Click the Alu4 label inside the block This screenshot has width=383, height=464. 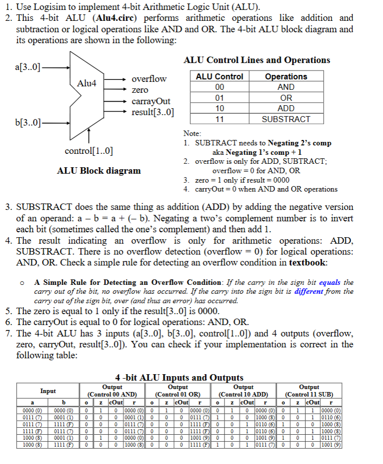[x=87, y=83]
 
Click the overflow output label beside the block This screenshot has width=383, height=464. [x=149, y=79]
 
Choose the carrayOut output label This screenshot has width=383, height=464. [x=151, y=101]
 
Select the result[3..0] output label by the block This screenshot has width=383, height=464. [x=153, y=112]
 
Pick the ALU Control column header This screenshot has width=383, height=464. [x=219, y=76]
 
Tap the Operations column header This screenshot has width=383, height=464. [x=286, y=76]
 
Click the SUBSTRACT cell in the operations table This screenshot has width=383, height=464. [x=286, y=119]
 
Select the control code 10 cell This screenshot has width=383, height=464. [x=219, y=108]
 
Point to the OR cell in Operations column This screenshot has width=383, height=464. [x=286, y=98]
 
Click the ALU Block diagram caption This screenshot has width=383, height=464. [x=99, y=171]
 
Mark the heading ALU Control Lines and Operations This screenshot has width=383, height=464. [x=257, y=60]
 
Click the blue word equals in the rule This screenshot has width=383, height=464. [x=329, y=282]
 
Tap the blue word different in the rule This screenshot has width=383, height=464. [x=309, y=291]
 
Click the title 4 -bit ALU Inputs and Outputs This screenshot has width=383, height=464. [x=179, y=378]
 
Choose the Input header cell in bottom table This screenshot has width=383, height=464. [x=48, y=391]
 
